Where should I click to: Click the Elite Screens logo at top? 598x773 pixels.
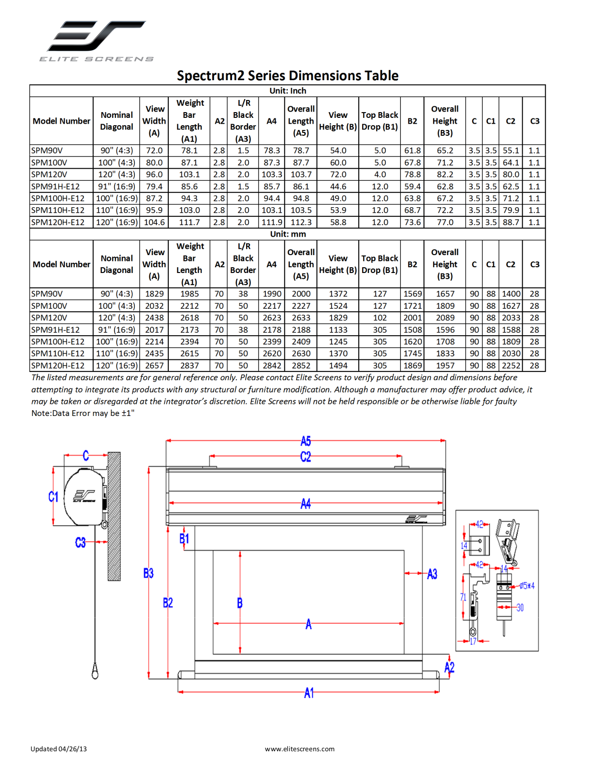coord(96,41)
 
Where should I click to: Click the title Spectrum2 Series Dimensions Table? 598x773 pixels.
coord(288,76)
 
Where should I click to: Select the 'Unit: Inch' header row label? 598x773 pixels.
coord(288,91)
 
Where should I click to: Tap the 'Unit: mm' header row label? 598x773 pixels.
coord(288,234)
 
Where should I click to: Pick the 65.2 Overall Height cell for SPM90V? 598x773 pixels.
coord(445,150)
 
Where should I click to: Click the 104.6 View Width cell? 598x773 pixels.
coord(154,222)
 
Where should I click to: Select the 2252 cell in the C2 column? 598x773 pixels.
coord(511,366)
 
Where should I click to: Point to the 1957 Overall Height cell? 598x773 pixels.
coord(445,366)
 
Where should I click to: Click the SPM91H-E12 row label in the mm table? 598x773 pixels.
coord(56,330)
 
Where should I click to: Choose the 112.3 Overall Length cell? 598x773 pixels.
coord(301,222)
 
